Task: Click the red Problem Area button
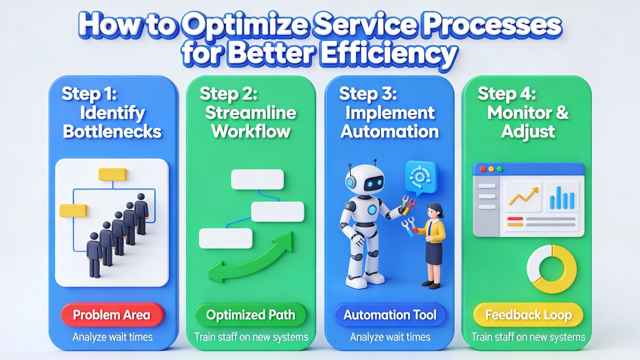(x=111, y=315)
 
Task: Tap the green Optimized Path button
(x=250, y=315)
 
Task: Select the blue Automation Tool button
(x=390, y=315)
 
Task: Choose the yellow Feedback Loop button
(x=528, y=315)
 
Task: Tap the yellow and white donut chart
(x=551, y=269)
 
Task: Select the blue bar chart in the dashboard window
(x=561, y=197)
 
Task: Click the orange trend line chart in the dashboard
(x=523, y=196)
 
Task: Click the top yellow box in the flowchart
(x=112, y=174)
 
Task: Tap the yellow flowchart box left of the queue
(x=73, y=210)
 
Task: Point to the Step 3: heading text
(x=368, y=93)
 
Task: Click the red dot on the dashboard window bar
(x=483, y=169)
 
